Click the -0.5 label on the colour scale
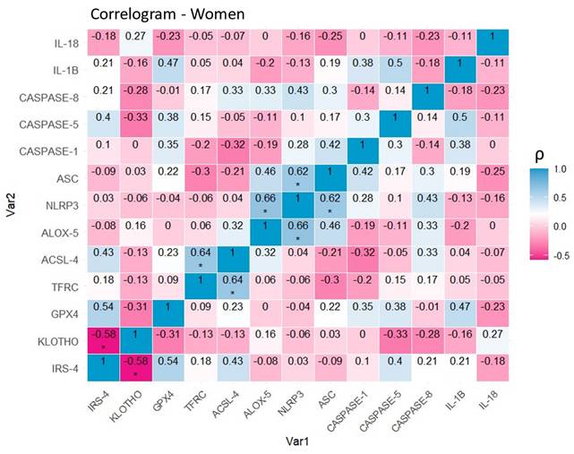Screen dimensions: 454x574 [x=557, y=253]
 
